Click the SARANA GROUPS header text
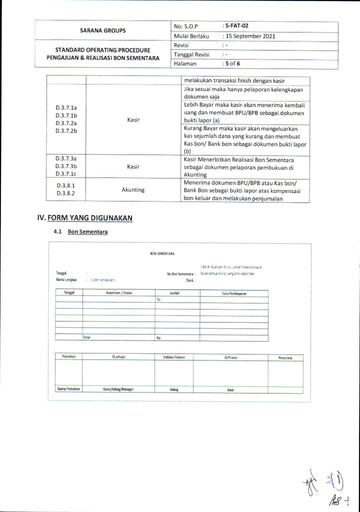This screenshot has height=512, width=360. [x=103, y=30]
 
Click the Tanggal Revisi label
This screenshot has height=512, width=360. [x=191, y=54]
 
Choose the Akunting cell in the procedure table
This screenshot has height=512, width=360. [x=133, y=190]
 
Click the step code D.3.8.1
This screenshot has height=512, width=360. [x=65, y=185]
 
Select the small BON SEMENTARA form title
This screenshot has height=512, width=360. [x=162, y=254]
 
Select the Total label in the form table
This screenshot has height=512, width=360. [x=87, y=337]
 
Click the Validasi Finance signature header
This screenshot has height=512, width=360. [x=174, y=357]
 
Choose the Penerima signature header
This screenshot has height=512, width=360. [x=285, y=357]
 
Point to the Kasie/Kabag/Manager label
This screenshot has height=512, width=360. [x=118, y=389]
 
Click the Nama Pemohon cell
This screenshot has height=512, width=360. [x=68, y=389]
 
